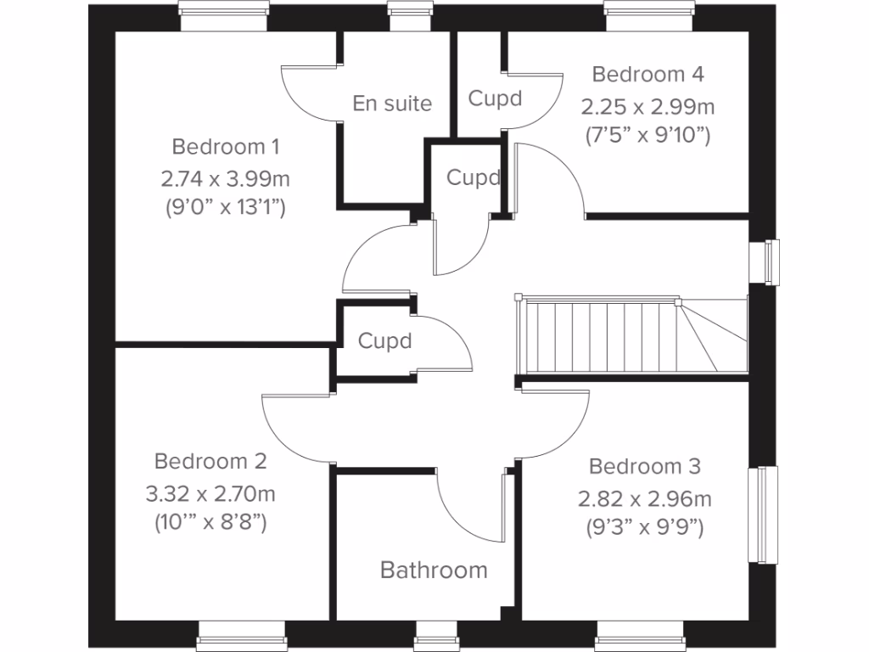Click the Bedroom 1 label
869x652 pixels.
tap(226, 147)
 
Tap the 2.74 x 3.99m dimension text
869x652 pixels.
tap(226, 179)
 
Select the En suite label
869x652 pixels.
tap(392, 104)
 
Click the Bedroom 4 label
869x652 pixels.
tap(648, 74)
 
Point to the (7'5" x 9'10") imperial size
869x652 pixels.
tap(648, 134)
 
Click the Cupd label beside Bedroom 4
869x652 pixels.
tap(495, 98)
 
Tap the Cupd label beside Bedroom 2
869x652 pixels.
tap(384, 341)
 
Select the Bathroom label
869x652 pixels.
tap(434, 570)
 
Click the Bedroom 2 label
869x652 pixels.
tap(210, 461)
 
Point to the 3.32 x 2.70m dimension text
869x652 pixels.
tap(210, 493)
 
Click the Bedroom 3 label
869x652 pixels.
tap(645, 466)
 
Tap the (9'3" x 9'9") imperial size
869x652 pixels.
tap(645, 527)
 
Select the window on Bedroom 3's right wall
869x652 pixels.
tap(762, 514)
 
